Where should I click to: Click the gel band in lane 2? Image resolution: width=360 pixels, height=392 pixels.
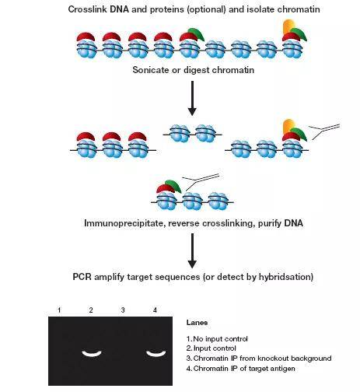click(92, 354)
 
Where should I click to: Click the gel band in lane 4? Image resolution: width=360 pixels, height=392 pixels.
click(156, 354)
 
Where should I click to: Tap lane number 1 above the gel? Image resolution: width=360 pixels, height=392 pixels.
click(59, 310)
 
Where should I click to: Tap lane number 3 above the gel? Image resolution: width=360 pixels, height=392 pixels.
click(123, 310)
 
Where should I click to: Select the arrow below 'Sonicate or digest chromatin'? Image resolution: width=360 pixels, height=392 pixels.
click(192, 98)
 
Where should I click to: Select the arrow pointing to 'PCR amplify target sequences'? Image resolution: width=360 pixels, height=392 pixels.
click(192, 250)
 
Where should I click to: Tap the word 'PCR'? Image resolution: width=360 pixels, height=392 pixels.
click(82, 277)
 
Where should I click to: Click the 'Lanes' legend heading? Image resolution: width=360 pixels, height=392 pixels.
click(197, 323)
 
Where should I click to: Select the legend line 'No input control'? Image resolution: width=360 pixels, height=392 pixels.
click(217, 339)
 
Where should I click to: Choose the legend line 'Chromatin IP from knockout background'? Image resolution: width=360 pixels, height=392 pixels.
click(259, 359)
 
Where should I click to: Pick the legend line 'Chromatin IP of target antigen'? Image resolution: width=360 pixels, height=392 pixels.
click(241, 369)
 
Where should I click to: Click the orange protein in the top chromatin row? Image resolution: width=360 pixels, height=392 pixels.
click(288, 26)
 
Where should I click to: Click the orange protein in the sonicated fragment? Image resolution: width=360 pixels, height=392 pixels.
click(288, 126)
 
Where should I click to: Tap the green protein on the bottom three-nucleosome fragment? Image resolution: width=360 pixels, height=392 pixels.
click(173, 186)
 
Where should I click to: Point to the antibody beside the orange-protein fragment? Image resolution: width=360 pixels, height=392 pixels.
click(324, 131)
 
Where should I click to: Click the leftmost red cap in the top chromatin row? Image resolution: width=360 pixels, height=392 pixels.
click(86, 37)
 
